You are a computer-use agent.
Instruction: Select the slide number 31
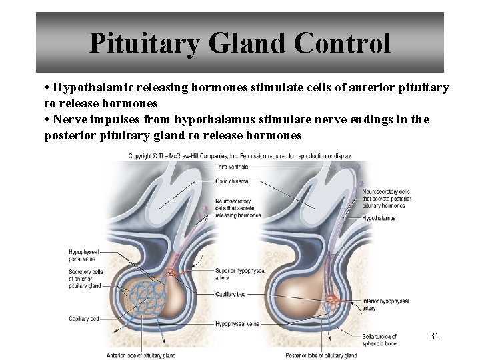coord(434,336)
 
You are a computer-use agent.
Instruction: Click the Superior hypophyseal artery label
coord(240,275)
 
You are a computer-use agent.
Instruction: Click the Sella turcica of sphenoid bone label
coord(381,340)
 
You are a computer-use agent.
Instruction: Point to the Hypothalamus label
coord(379,218)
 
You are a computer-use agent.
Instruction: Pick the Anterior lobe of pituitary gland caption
coord(141,355)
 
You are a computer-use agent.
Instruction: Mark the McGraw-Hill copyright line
coord(240,155)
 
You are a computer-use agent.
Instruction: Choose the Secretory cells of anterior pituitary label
coord(85,279)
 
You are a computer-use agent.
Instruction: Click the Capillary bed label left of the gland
coord(83,319)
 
